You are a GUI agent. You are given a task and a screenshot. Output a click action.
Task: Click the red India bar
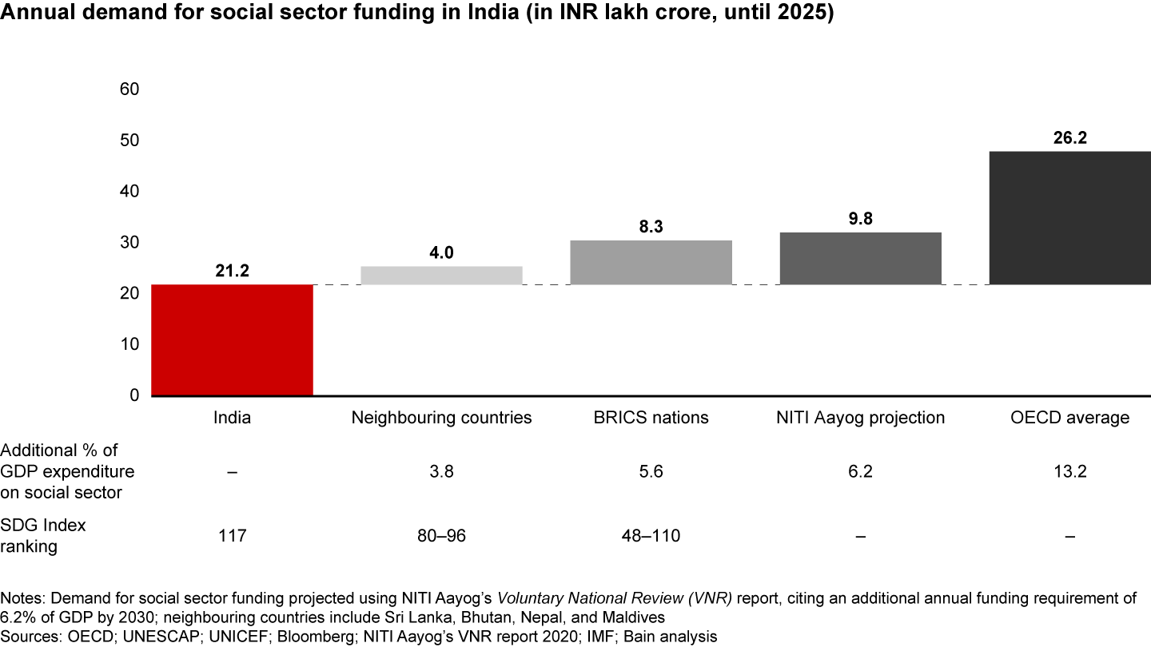click(x=232, y=339)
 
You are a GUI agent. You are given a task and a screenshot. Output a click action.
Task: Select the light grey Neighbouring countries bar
click(x=441, y=275)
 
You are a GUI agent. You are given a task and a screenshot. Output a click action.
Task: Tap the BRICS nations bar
click(x=651, y=262)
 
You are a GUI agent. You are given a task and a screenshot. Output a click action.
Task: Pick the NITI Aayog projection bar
click(x=860, y=258)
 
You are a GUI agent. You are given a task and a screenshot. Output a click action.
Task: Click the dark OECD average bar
click(x=1069, y=217)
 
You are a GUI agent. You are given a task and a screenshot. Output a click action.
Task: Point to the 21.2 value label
click(x=232, y=272)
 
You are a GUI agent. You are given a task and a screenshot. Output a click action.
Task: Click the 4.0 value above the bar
click(x=441, y=253)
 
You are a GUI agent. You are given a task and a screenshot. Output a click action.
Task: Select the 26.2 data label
click(x=1069, y=137)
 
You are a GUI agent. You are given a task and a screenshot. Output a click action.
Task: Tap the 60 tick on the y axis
click(x=129, y=89)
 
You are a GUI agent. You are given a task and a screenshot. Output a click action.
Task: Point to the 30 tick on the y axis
click(x=129, y=242)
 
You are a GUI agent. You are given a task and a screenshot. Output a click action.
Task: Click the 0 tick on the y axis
click(x=134, y=395)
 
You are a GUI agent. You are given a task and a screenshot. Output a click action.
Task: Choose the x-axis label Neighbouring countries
click(x=441, y=418)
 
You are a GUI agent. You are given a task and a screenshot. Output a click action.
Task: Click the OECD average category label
click(x=1069, y=418)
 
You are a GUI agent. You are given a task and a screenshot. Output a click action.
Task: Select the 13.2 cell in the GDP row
click(x=1069, y=472)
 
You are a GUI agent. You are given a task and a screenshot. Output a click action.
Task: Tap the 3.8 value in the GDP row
click(x=441, y=472)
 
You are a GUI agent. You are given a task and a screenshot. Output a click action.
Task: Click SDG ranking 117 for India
click(x=232, y=536)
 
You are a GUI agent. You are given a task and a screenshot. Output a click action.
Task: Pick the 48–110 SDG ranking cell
click(x=651, y=536)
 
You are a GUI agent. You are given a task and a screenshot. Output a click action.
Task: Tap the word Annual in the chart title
click(x=33, y=16)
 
